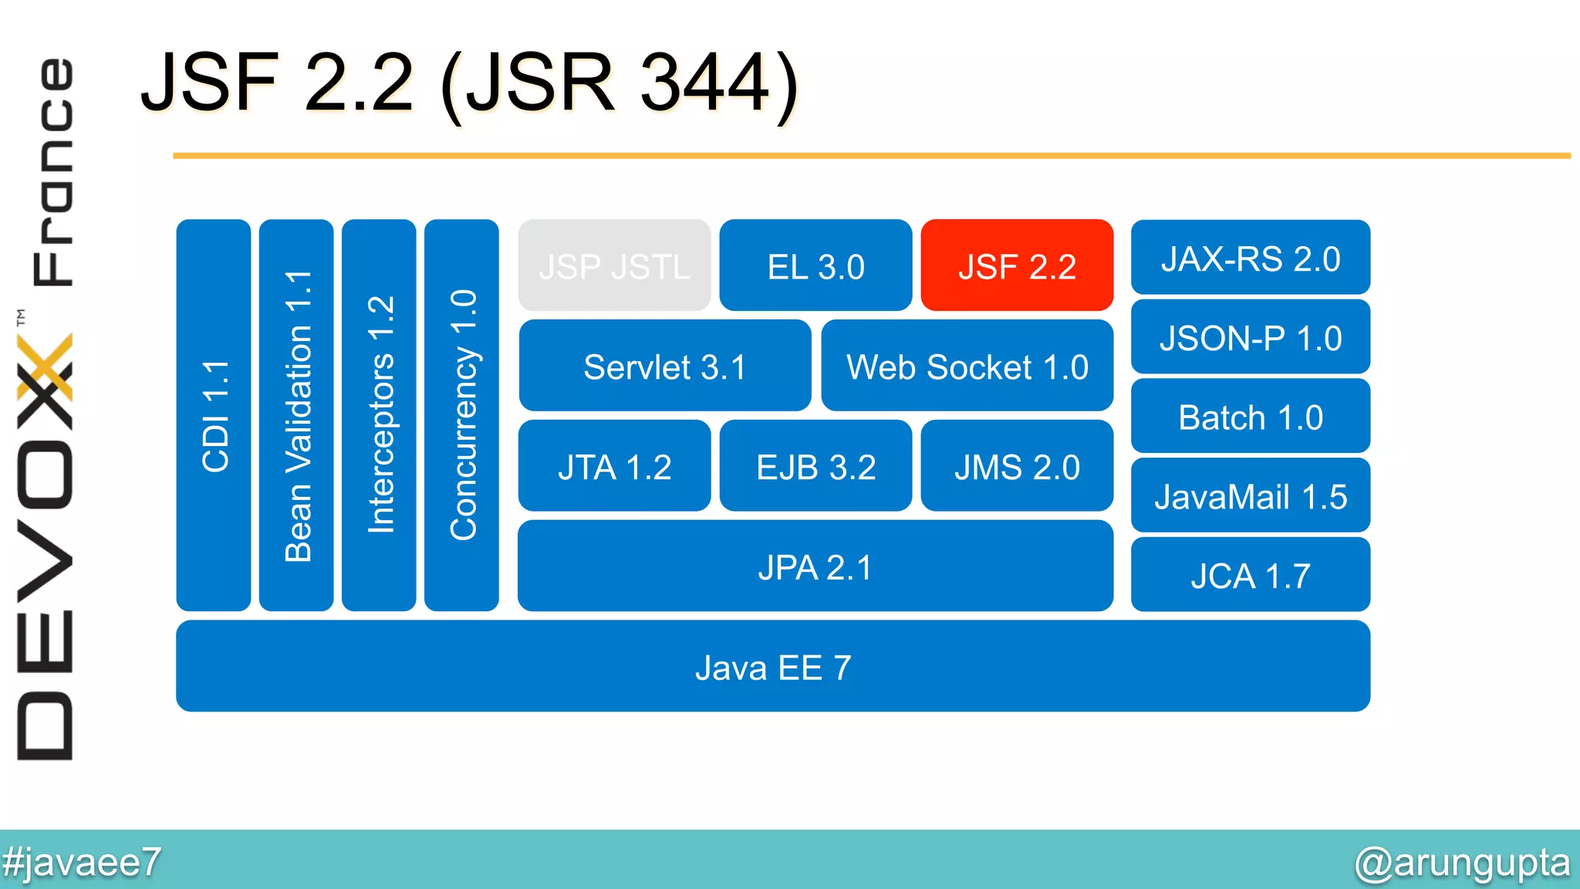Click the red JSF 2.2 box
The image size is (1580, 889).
click(x=1016, y=265)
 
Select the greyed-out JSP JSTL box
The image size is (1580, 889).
click(x=614, y=265)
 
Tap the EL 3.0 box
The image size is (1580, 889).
click(x=815, y=265)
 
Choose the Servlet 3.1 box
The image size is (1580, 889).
click(x=664, y=366)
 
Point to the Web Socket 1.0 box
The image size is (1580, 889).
click(x=967, y=366)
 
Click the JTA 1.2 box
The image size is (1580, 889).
click(x=614, y=466)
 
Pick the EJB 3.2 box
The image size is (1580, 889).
click(x=815, y=466)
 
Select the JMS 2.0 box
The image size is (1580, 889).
click(x=1016, y=466)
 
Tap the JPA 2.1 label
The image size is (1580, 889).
click(x=815, y=567)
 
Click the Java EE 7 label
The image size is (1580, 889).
click(x=773, y=668)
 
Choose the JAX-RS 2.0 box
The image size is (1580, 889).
click(x=1250, y=258)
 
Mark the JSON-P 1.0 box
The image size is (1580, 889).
click(x=1250, y=337)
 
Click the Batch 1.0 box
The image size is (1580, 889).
click(x=1250, y=417)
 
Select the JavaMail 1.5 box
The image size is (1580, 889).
click(x=1250, y=496)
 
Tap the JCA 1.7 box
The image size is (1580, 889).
click(x=1250, y=576)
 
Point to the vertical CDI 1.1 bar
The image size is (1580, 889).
click(x=214, y=415)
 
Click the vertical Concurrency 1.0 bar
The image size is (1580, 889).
click(x=461, y=415)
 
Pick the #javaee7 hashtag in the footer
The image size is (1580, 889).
click(x=81, y=861)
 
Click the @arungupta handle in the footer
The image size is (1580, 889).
click(x=1462, y=862)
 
